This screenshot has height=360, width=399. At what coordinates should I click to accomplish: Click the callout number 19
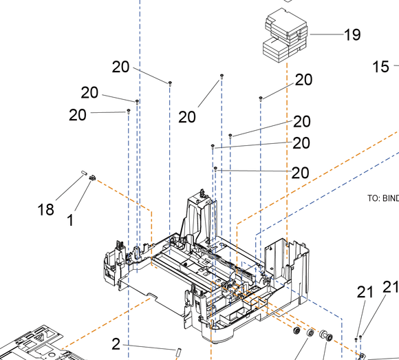click(352, 34)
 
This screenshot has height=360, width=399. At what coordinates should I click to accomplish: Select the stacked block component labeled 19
click(285, 35)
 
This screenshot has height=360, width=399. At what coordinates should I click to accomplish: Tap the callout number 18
click(46, 210)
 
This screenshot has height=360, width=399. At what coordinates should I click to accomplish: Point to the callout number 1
click(70, 220)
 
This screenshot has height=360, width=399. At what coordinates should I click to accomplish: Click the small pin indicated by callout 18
click(84, 173)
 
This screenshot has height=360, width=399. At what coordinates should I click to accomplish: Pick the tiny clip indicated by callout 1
click(92, 178)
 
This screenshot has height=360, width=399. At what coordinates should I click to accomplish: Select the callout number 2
click(116, 344)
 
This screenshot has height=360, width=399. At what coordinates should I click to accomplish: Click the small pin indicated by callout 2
click(178, 352)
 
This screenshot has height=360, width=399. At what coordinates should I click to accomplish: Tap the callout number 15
click(380, 67)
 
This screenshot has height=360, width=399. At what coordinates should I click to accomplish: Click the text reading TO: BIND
click(383, 198)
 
